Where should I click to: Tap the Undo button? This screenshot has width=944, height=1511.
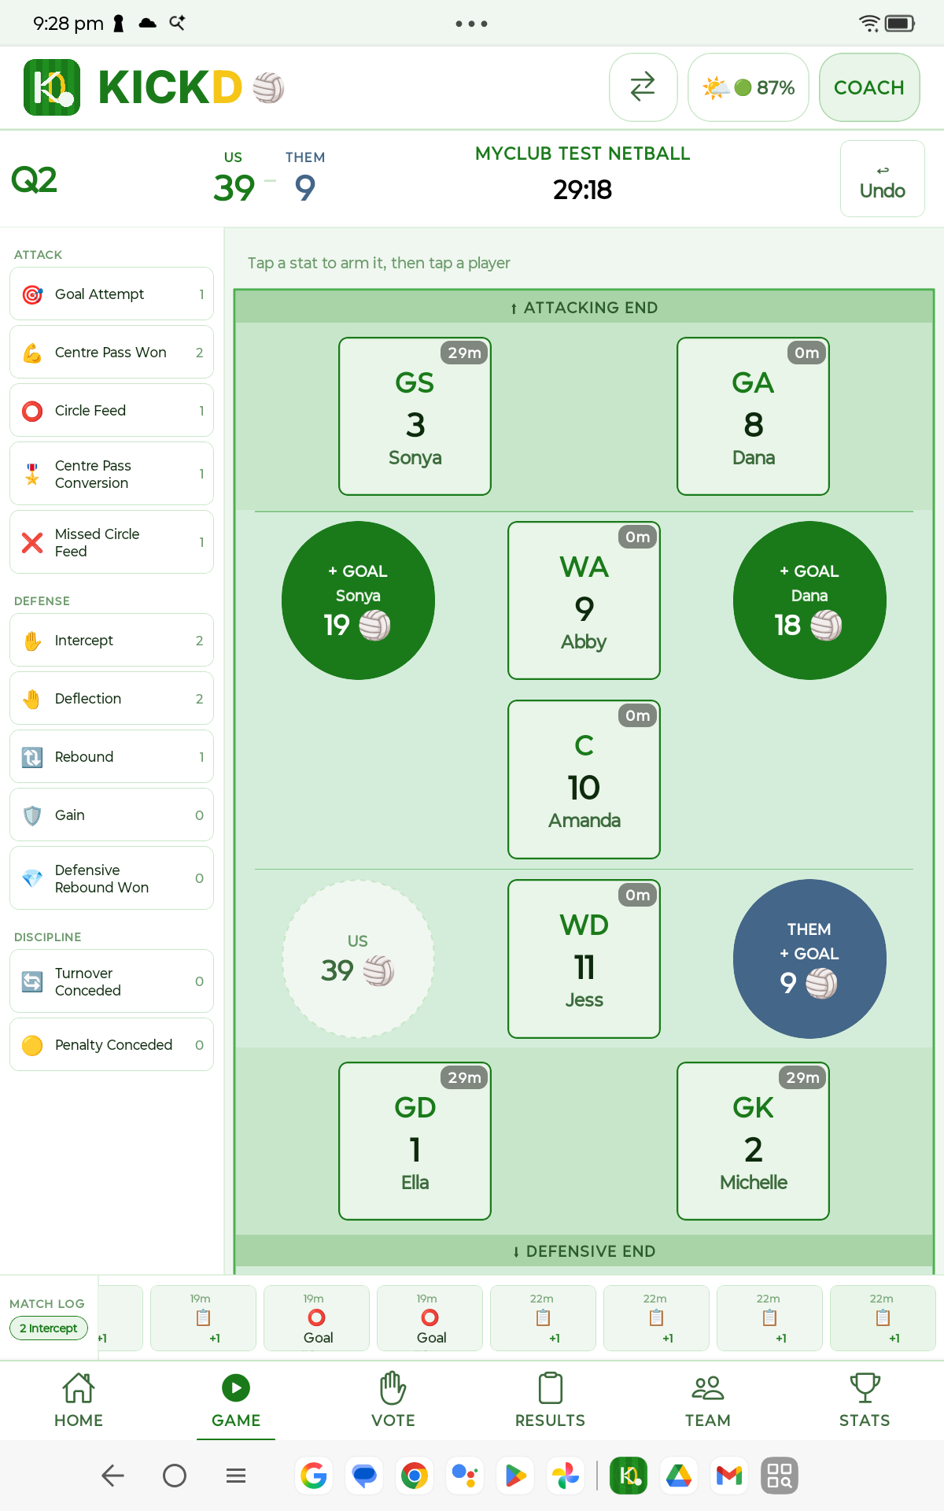coord(882,179)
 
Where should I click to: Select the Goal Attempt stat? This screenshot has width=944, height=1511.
coord(112,294)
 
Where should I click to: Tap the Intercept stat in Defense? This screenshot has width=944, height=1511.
coord(112,640)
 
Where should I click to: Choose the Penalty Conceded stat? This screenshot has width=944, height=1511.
coord(112,1044)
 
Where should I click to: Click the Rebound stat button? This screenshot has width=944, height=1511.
coord(112,756)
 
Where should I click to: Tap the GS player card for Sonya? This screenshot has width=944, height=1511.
coord(415,416)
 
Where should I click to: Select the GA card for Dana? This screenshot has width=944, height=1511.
coord(753,416)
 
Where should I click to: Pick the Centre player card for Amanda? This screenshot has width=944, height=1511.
coord(584,779)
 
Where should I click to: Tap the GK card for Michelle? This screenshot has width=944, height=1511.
coord(753,1141)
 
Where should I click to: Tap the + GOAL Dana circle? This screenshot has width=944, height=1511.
coord(809,600)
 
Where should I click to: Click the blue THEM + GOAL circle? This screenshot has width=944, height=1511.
coord(809,959)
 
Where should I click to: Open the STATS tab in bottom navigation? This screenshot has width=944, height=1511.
coord(865,1400)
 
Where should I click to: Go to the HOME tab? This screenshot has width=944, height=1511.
coord(79,1400)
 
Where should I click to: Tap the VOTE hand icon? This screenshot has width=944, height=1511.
coord(393,1387)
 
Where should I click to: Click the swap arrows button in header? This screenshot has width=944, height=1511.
coord(643,87)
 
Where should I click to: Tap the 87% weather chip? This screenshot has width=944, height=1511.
coord(748,87)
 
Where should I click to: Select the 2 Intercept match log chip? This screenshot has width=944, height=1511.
coord(49,1328)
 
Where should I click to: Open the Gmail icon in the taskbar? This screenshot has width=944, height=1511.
coord(729,1476)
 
